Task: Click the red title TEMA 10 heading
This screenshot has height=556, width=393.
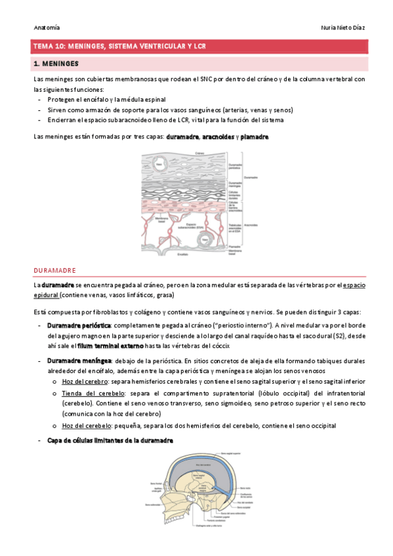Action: (119, 47)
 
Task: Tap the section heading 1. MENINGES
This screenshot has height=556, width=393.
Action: (56, 64)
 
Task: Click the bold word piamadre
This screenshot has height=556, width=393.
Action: (255, 137)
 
